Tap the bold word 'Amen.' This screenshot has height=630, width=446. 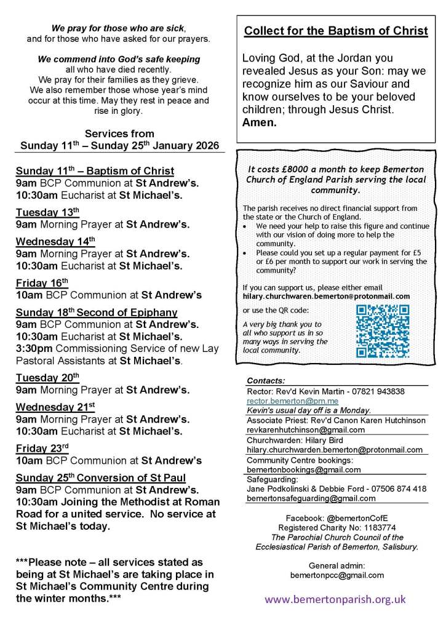tap(260, 122)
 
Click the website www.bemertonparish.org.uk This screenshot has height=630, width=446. tap(335, 599)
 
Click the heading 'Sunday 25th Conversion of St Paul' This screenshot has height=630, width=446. tap(101, 478)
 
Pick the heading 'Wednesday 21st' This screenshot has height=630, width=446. tap(56, 407)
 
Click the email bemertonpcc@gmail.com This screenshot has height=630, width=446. tap(336, 575)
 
